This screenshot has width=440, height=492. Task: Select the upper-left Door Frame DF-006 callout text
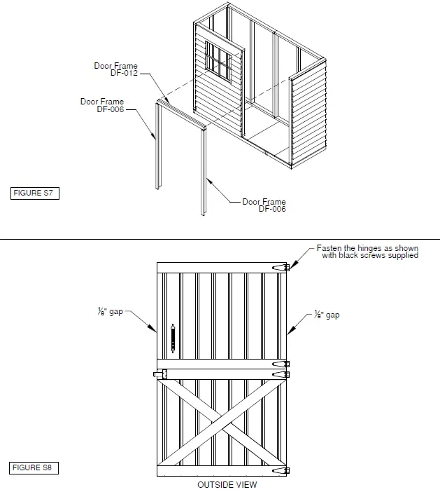click(x=101, y=105)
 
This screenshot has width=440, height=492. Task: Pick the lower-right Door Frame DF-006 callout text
click(x=264, y=205)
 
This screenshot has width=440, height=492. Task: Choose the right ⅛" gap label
click(x=327, y=315)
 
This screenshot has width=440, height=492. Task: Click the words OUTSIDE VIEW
click(x=227, y=484)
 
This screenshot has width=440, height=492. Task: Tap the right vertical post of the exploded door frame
click(x=205, y=172)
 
